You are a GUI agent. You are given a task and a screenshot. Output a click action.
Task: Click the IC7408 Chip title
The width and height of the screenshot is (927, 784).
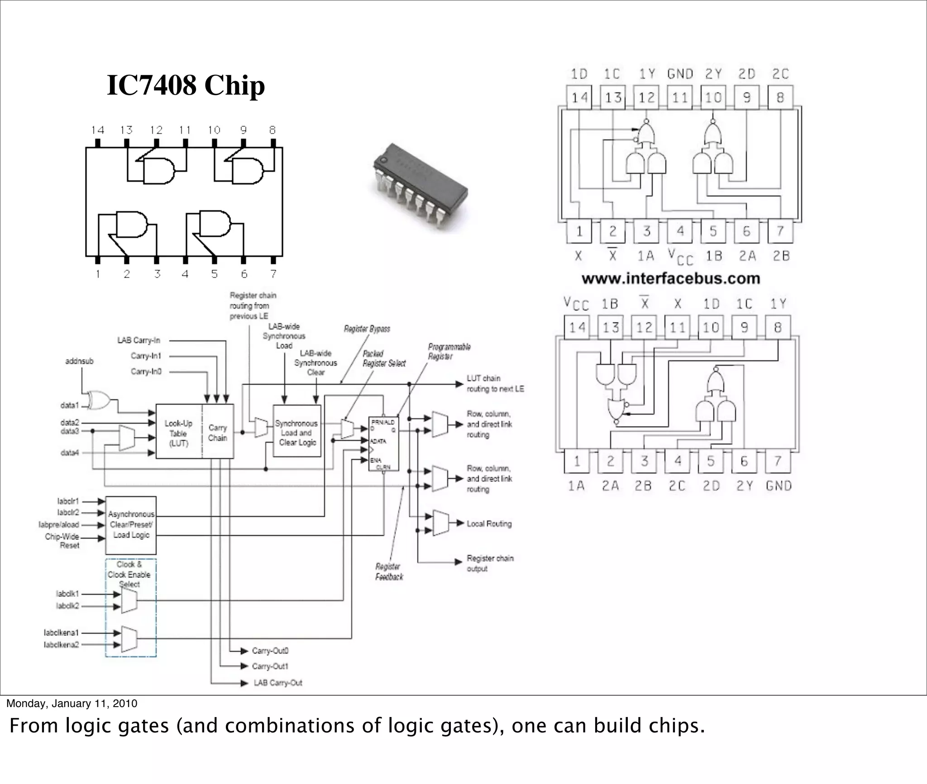point(186,85)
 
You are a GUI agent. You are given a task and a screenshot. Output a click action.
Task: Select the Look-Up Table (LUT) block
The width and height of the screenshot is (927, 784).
point(178,433)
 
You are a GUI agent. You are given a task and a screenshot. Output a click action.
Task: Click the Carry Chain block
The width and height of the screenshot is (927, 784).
point(218,433)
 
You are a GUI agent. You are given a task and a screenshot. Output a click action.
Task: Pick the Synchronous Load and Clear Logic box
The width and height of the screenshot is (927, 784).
point(297,433)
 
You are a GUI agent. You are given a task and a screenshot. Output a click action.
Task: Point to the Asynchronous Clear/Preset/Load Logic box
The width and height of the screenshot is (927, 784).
point(131,525)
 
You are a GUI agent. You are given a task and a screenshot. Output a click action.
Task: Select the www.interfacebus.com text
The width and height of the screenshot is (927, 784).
point(671,278)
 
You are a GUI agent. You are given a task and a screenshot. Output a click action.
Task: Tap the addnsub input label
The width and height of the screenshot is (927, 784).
point(79,361)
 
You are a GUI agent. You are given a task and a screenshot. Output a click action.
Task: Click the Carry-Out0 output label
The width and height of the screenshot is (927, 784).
point(270,650)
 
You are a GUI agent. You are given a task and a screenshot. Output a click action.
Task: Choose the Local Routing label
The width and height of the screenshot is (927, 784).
point(489,524)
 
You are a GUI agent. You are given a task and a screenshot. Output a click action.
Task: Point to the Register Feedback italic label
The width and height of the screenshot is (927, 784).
point(389,572)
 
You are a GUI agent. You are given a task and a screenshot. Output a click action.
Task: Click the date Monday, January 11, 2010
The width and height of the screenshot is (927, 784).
point(72,703)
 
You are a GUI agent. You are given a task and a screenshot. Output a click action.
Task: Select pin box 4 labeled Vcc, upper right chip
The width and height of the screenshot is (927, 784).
point(680,231)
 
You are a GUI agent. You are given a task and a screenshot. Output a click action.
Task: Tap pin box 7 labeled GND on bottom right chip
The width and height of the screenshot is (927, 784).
point(778,461)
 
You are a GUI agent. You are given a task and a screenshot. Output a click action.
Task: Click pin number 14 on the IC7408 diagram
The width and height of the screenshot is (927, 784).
point(97,130)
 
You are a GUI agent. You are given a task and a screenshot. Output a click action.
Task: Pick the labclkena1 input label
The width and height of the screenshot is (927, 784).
point(62,632)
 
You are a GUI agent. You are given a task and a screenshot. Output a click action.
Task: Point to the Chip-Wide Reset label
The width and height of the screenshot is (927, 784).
point(63,541)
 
